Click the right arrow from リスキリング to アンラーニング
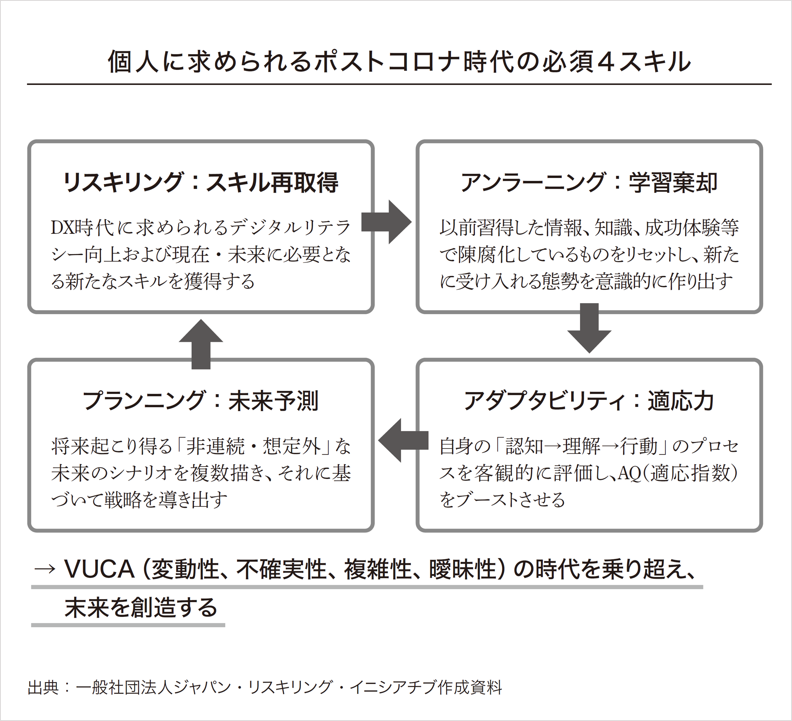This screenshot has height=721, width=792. (x=386, y=222)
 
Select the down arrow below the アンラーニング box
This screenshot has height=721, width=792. (x=589, y=328)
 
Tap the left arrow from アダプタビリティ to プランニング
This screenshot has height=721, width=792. (x=403, y=440)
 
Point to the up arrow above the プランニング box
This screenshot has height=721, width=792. (x=201, y=344)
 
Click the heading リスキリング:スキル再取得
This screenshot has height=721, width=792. (x=200, y=183)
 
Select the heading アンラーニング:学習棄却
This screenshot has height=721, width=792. (x=589, y=183)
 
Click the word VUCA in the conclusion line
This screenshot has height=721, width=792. (x=99, y=569)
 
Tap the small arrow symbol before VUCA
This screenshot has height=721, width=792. (x=44, y=569)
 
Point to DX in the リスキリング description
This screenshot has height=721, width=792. (x=62, y=228)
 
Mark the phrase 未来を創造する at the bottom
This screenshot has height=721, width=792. (x=141, y=608)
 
